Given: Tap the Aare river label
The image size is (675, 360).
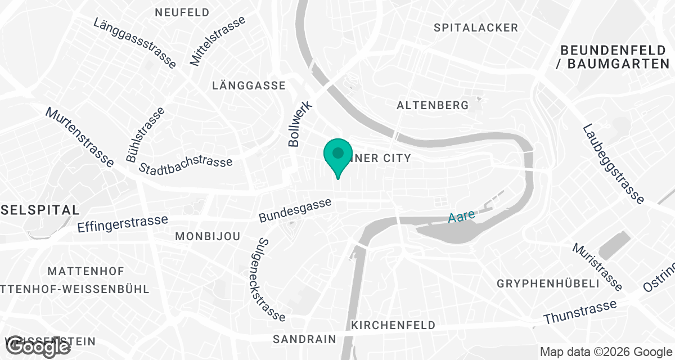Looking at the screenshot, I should click(462, 217).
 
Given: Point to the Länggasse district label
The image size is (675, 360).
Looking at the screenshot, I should click(249, 85).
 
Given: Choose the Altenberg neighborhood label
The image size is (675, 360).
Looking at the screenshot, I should click(433, 105).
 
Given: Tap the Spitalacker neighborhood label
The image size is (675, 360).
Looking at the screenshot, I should click(476, 28).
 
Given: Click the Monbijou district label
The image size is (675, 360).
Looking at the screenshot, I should click(208, 236).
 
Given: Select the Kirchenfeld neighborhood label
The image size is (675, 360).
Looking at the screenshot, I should click(393, 325).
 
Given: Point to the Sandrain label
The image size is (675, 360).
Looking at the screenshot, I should click(304, 339).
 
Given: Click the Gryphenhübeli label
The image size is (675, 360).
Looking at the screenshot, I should click(548, 283).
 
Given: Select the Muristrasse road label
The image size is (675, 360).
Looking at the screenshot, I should click(597, 267).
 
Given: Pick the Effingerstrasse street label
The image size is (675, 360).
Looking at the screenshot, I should click(123, 223).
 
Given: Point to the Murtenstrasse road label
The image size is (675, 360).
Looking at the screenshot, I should click(80, 137).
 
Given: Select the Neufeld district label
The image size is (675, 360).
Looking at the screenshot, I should click(182, 12).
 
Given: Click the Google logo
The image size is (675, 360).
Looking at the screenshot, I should click(38, 347).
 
